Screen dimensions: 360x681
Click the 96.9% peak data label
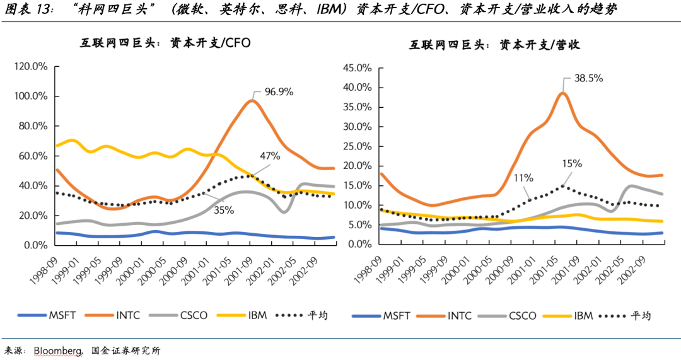click(279, 92)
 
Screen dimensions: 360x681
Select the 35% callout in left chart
click(223, 210)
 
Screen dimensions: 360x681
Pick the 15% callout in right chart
click(573, 163)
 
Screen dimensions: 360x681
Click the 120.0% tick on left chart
click(31, 66)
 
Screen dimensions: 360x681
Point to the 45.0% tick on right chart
click(359, 68)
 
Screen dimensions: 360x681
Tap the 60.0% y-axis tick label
click(32, 156)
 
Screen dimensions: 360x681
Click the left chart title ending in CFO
click(165, 43)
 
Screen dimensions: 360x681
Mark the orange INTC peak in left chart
click(252, 101)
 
